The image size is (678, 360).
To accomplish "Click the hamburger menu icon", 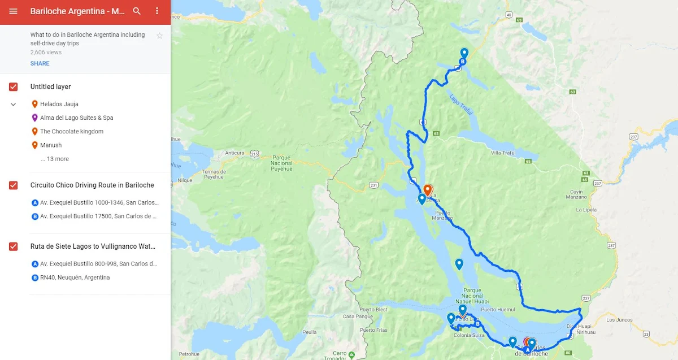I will (x=14, y=11).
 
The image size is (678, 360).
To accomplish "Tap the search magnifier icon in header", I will (x=137, y=11).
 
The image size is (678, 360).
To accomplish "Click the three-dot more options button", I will (x=157, y=11).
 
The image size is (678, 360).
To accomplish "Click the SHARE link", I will (x=40, y=63).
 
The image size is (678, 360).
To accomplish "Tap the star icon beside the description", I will (x=159, y=36).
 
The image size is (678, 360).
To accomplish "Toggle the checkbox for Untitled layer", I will (x=14, y=87).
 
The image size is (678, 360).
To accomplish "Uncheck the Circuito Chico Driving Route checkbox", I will (x=14, y=185).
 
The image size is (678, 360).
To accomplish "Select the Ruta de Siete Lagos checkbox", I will (x=14, y=246).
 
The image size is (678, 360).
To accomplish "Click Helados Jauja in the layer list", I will (x=59, y=104).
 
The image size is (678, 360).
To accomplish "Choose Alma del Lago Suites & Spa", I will (x=76, y=118).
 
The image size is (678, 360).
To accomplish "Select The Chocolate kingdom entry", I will (x=71, y=132).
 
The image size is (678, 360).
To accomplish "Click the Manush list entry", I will (x=51, y=145).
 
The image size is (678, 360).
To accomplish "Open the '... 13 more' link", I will (x=55, y=159).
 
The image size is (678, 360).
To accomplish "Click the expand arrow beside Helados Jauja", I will (x=14, y=105).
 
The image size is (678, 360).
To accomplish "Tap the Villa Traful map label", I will (x=503, y=153).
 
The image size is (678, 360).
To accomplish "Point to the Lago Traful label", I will (x=461, y=105).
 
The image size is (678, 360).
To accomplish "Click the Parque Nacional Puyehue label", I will (x=273, y=162).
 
